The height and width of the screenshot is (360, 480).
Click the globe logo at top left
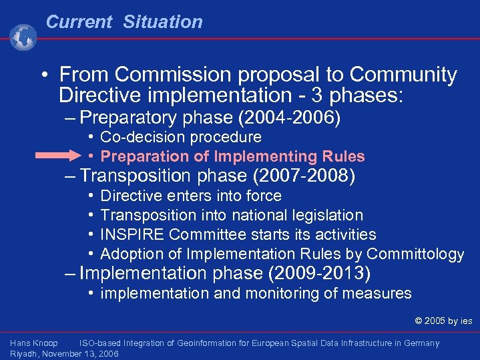[x=24, y=37]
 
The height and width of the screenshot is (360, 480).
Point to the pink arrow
[x=57, y=156]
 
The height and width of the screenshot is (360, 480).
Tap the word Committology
[x=415, y=254]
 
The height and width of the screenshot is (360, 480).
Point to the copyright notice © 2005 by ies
[x=443, y=321]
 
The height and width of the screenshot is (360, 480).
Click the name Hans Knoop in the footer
[x=34, y=343]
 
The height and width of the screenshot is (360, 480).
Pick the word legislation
[x=327, y=216]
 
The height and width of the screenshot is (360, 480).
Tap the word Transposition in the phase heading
[x=135, y=176]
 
